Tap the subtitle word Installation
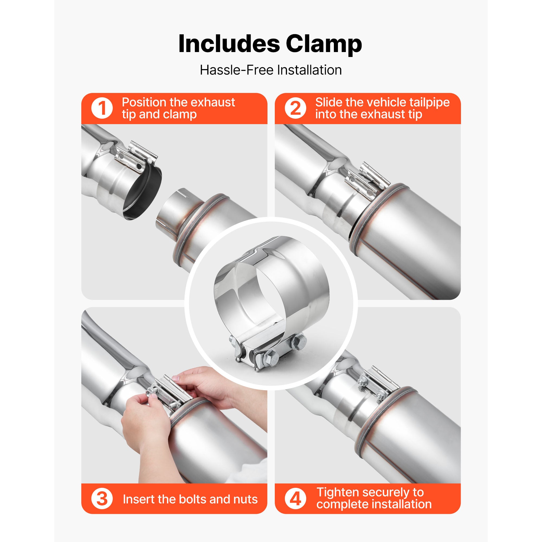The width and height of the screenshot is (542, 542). pyautogui.click(x=309, y=70)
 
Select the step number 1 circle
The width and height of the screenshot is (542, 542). pyautogui.click(x=102, y=108)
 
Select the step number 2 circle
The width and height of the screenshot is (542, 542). pyautogui.click(x=295, y=108)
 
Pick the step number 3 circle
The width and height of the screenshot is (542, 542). pyautogui.click(x=102, y=499)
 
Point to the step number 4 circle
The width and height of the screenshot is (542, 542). pyautogui.click(x=295, y=499)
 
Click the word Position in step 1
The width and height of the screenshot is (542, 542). pyautogui.click(x=144, y=103)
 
